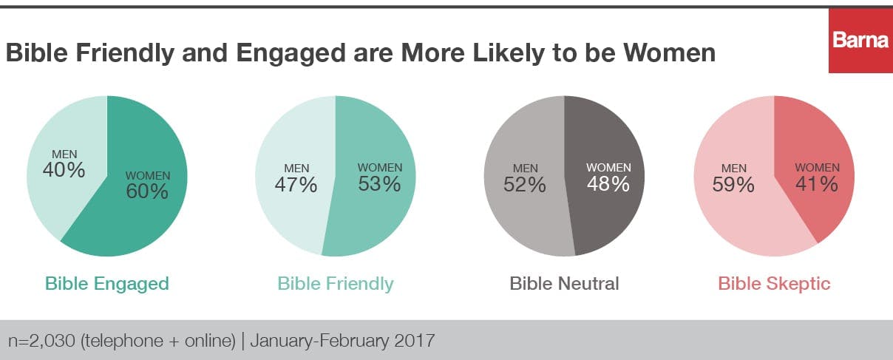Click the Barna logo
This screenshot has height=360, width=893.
[860, 41]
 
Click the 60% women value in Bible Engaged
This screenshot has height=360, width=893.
[147, 191]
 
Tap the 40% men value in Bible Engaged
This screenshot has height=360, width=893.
[64, 170]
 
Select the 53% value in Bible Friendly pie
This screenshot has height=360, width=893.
[379, 183]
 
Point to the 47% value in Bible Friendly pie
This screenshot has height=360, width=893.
[297, 185]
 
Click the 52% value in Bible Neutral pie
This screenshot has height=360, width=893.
[525, 185]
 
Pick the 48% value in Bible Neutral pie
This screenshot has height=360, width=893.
[608, 183]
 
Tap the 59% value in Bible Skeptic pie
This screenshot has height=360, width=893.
[733, 185]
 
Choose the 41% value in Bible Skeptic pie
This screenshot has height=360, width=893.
[817, 183]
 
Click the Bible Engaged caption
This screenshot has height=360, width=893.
[107, 283]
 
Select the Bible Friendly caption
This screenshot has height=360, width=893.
[336, 283]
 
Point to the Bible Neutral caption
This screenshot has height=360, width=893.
[564, 283]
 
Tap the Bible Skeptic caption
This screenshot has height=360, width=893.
[774, 283]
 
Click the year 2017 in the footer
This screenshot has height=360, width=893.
[415, 341]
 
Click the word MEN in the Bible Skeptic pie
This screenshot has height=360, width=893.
[733, 169]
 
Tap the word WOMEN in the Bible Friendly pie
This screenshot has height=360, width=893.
[379, 168]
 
